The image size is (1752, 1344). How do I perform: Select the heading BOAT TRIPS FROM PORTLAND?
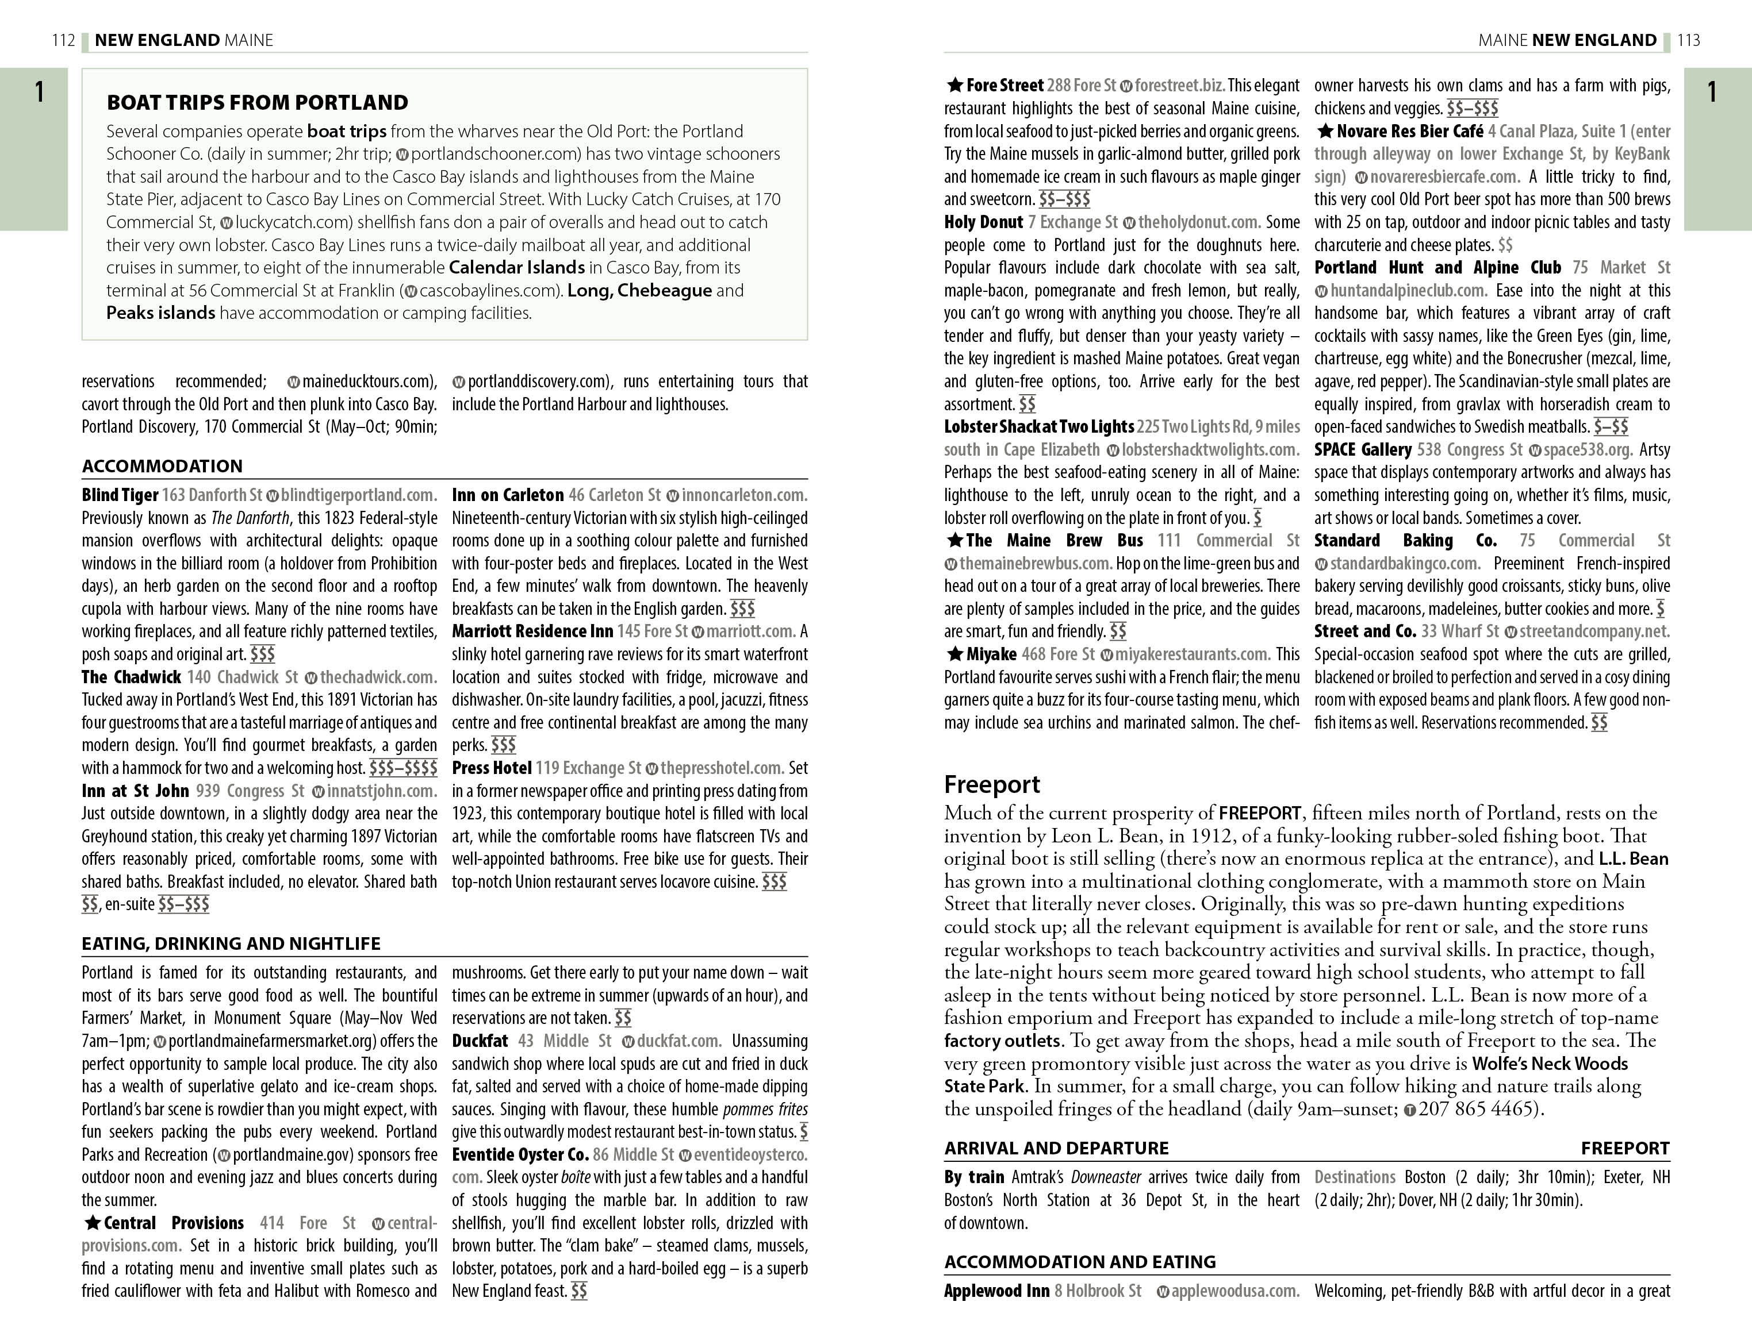(257, 102)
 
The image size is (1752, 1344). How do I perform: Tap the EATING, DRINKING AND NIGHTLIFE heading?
(231, 943)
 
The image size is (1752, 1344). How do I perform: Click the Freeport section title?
(992, 783)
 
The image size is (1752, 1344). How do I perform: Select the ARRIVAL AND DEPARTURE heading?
(1056, 1148)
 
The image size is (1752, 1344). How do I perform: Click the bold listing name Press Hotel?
(492, 768)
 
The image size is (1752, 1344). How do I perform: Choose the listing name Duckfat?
(480, 1041)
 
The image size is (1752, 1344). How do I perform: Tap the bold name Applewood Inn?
(996, 1291)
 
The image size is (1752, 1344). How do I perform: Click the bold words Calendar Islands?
(516, 267)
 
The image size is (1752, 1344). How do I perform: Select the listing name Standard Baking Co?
(1405, 540)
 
